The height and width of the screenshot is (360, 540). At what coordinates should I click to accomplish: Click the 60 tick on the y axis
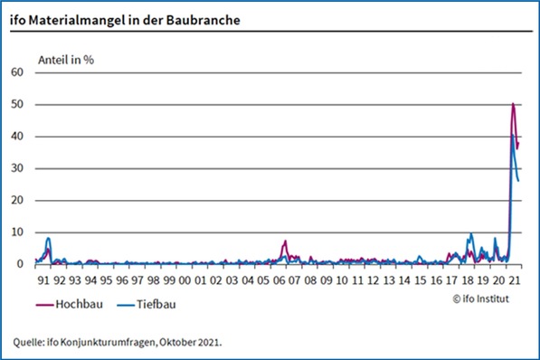16,72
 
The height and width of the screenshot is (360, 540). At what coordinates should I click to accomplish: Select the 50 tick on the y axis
16,105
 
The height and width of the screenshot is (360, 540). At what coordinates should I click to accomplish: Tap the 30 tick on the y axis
16,169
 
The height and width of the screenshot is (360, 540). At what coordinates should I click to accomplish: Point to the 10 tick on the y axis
16,232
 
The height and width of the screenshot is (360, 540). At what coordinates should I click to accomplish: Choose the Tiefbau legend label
153,305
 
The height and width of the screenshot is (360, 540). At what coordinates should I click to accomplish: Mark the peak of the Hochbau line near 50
513,104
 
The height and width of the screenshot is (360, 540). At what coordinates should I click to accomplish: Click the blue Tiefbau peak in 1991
48,239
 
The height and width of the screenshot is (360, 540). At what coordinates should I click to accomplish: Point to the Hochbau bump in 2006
285,242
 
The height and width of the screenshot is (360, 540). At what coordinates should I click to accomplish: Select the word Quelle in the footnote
30,342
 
